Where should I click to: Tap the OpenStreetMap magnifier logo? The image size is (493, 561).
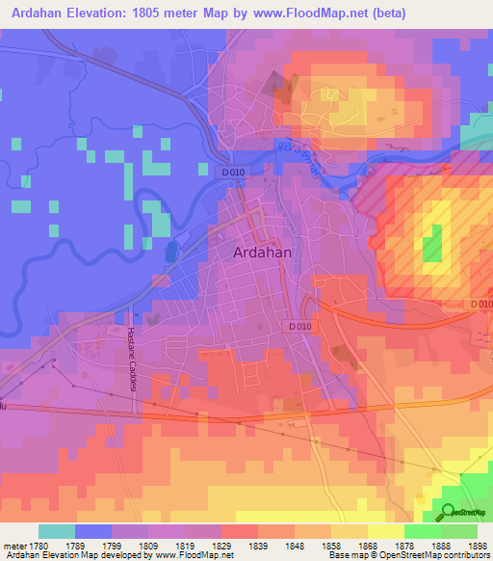point(450,512)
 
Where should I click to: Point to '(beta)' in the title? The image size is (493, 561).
point(386,13)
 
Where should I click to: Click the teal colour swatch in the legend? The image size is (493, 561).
point(57,531)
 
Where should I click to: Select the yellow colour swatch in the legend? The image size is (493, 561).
point(386,531)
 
